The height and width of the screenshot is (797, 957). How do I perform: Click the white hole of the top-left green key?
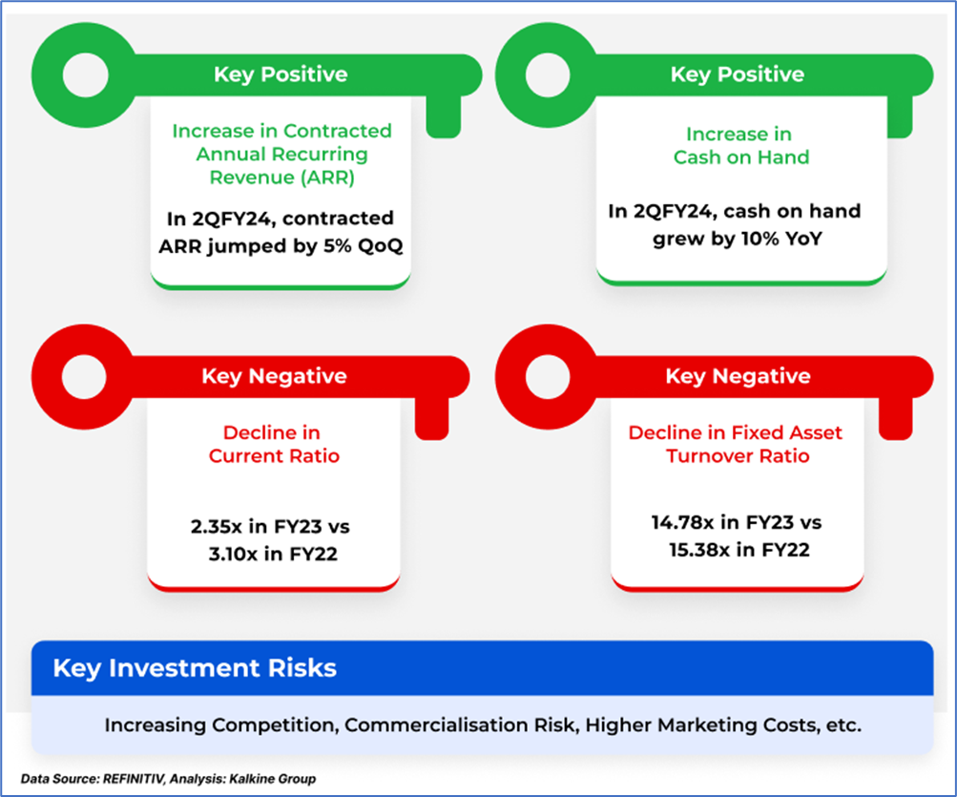tap(86, 75)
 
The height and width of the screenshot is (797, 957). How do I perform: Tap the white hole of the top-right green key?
tap(548, 75)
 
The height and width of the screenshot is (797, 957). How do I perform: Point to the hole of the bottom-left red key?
tap(84, 376)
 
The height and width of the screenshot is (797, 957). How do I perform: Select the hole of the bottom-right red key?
tap(548, 376)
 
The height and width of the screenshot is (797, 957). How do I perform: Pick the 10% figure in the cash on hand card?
tap(759, 239)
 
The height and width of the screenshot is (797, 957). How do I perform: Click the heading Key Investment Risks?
tap(195, 668)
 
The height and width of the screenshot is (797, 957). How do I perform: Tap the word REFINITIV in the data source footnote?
tap(134, 779)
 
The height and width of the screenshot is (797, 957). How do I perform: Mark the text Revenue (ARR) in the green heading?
tap(282, 178)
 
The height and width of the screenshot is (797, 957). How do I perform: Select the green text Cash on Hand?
tap(741, 157)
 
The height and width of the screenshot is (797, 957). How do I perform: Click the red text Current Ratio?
tap(274, 456)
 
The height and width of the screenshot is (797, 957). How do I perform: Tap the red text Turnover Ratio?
tap(738, 456)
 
